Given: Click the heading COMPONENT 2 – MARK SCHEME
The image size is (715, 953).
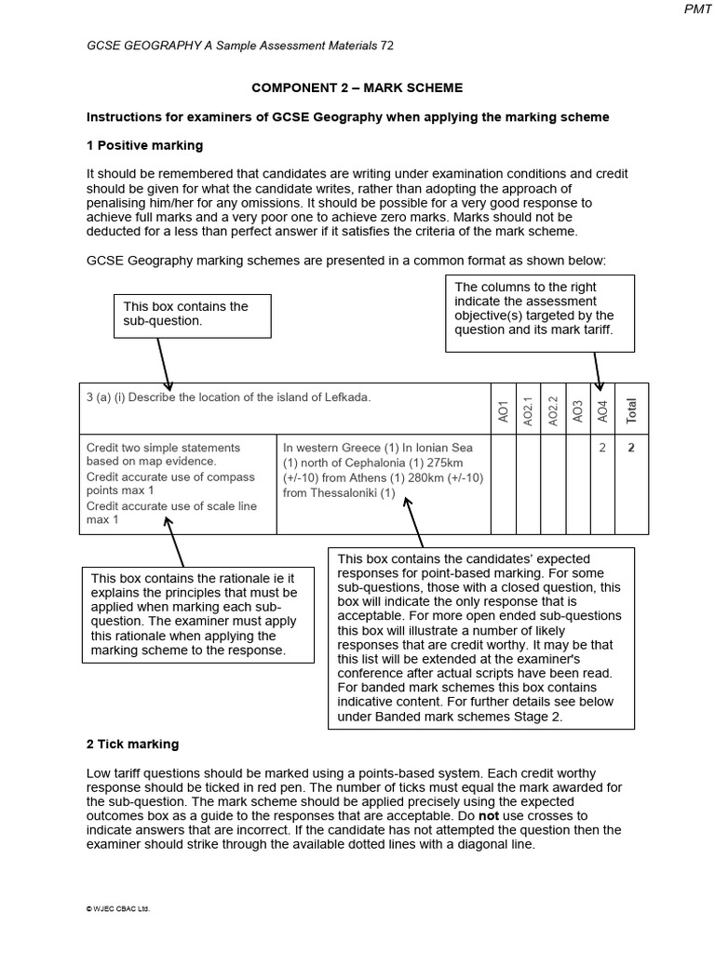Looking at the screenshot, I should point(357,87).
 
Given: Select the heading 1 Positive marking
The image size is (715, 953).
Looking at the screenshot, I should point(144,146).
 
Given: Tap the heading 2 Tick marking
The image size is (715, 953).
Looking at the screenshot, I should point(132,745).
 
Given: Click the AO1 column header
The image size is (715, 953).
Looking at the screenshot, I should point(504,412).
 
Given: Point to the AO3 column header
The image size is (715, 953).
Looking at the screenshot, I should point(577,410).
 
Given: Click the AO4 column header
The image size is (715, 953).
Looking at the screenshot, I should point(602,410).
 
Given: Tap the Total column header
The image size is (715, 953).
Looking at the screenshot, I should point(631,409).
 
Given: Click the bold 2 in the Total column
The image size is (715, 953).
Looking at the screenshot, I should point(631,448).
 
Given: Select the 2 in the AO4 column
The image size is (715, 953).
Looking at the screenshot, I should point(602,448).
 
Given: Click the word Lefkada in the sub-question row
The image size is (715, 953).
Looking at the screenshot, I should point(344,397).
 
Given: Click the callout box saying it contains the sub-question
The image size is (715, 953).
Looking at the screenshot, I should point(193,314).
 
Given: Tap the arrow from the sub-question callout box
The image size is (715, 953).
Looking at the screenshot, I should point(164,363).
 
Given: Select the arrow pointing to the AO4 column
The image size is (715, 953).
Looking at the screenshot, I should point(595,368).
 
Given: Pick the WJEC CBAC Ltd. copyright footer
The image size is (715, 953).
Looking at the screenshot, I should point(118,909).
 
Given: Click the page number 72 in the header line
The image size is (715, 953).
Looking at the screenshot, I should point(387,46).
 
